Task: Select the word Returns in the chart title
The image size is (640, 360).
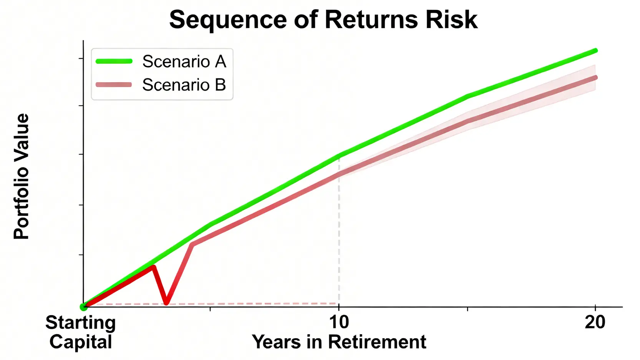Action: tap(371, 20)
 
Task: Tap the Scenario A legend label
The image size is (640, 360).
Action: tap(184, 61)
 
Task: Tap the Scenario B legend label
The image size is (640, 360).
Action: tap(184, 85)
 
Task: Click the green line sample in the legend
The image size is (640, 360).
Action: tap(114, 61)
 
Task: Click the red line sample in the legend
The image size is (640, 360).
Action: tap(114, 85)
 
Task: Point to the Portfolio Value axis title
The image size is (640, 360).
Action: tap(22, 176)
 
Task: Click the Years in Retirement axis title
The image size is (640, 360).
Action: tap(339, 342)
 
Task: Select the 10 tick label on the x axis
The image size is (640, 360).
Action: tap(339, 322)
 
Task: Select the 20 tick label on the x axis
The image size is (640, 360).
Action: tap(595, 322)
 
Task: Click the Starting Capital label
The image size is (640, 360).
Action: tap(81, 332)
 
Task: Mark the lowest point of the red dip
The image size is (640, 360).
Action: tap(167, 303)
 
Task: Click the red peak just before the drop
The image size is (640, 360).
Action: tap(154, 267)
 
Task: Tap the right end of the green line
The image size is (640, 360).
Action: tap(595, 51)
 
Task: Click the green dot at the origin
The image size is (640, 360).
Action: tap(83, 307)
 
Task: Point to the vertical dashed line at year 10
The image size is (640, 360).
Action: tap(339, 231)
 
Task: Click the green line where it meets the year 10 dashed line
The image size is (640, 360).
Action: tap(339, 156)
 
